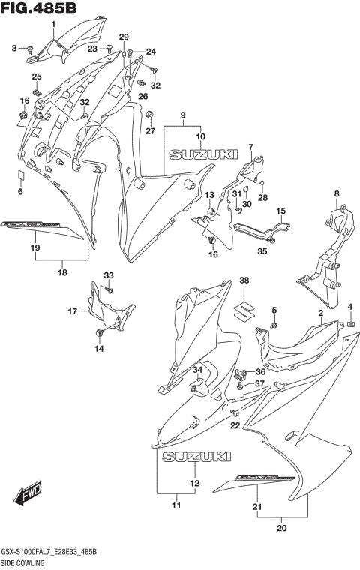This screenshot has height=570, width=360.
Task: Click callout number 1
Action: [x=54, y=25]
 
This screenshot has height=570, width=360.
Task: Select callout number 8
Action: [x=337, y=193]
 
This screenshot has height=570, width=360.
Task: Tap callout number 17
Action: [x=72, y=310]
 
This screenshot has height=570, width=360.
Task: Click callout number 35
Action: [x=262, y=251]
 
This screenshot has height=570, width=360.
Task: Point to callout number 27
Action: [x=150, y=131]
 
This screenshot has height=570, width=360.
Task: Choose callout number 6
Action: [x=21, y=192]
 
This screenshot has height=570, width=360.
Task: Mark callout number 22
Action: [x=235, y=425]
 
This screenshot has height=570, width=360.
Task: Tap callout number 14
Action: [x=99, y=348]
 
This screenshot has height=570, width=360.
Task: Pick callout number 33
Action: [x=109, y=275]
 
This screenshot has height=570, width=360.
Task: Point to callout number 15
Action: [x=281, y=212]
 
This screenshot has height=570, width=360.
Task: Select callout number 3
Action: [x=13, y=49]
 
